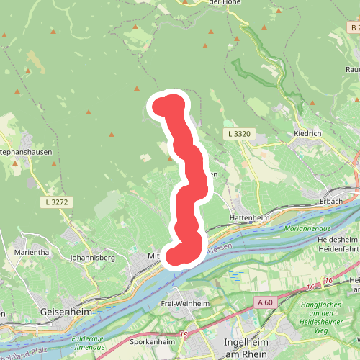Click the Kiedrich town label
pos(311,135)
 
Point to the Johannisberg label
pos(93,257)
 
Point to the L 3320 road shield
pos(238,134)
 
